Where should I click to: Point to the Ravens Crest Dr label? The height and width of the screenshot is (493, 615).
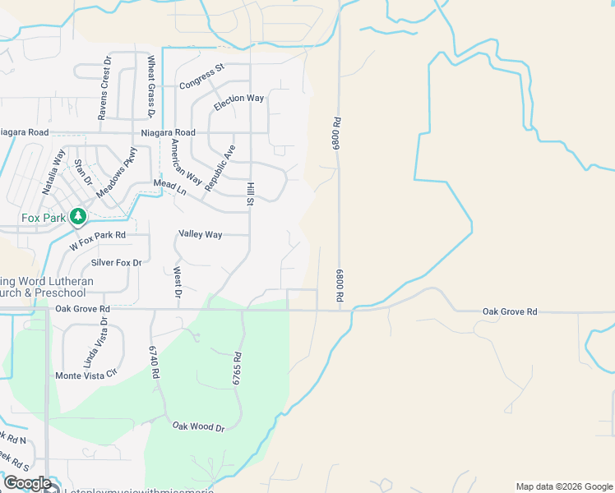pos(104,89)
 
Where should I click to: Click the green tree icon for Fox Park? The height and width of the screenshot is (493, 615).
pos(78,216)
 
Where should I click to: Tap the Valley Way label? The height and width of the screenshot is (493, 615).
pos(201,234)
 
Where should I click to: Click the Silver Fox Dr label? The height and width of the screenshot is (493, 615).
pos(117,263)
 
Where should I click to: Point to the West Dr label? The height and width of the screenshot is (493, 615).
pos(177,280)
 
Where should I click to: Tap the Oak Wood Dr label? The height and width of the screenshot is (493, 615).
pos(198,427)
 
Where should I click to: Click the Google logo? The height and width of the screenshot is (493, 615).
pos(26,483)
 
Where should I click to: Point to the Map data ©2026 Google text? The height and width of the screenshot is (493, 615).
pos(563,486)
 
